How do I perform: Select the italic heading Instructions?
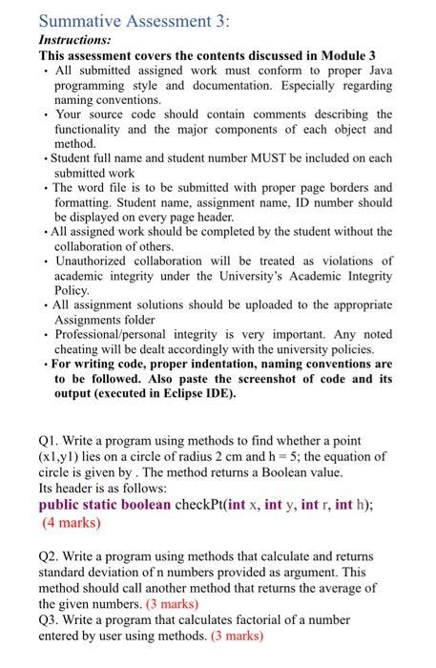pos(74,41)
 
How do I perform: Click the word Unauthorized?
pos(102,261)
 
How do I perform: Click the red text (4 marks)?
pos(71,522)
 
